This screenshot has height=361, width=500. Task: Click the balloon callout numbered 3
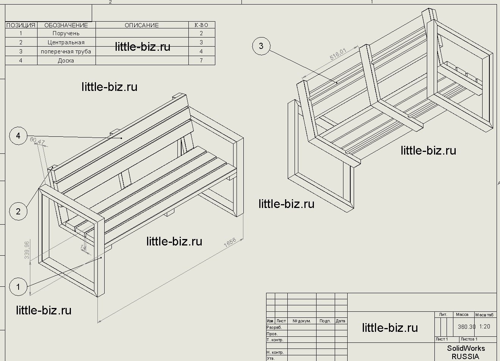pos(261,46)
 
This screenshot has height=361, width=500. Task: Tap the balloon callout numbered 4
pos(18,136)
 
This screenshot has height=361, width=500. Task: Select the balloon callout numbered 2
pos(18,211)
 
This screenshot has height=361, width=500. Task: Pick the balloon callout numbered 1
pos(18,287)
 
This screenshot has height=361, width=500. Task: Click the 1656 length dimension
pos(230,243)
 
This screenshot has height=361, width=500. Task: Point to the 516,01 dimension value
pos(338,53)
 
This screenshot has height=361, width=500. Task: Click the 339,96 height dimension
pos(27,250)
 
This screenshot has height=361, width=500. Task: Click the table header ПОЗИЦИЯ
pos(21,25)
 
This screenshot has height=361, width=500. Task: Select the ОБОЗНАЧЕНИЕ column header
pos(66,25)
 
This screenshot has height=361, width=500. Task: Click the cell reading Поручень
pos(66,33)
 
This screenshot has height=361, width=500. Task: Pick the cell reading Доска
pos(66,61)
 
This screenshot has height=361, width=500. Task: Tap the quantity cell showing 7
pos(201,61)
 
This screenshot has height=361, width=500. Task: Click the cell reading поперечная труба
pos(66,52)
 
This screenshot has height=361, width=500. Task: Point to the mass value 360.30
pos(466,327)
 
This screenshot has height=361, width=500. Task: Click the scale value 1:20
pos(484,327)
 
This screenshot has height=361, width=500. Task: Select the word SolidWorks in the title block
pos(466,348)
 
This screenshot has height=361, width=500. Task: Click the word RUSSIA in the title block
pos(466,356)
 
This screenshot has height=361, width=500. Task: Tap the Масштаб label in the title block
pos(484,315)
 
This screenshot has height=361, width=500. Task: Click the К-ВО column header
pos(201,25)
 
